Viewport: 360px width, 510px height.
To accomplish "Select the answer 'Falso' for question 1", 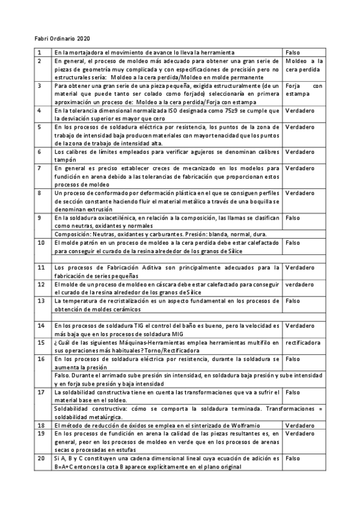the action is [293, 52].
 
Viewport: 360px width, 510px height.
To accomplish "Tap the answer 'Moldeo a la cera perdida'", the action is [304, 66].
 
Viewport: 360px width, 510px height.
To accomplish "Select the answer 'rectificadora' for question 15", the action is [302, 342].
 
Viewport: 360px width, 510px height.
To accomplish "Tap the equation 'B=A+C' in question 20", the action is [64, 466].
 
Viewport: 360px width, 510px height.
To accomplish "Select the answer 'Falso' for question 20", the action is [293, 458].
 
